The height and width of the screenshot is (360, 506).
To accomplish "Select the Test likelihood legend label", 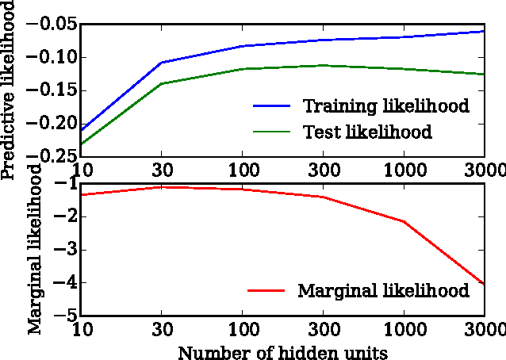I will [367, 132].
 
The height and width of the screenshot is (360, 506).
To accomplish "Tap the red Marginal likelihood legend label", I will [383, 290].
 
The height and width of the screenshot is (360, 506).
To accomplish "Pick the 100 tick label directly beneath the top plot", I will [241, 170].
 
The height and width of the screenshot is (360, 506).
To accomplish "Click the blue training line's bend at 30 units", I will [161, 62].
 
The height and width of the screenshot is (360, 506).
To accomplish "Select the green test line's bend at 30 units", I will [161, 83].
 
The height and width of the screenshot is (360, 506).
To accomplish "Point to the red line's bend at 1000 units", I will [404, 221].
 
